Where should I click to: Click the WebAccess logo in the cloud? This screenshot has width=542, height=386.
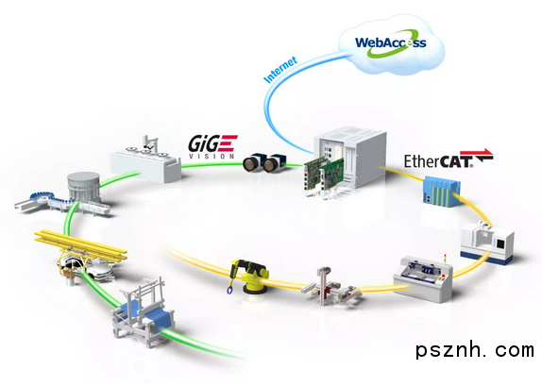(391, 43)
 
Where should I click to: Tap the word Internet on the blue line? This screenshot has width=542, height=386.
(280, 70)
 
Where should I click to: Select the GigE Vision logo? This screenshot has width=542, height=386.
(213, 147)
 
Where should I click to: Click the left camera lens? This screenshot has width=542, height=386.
(252, 164)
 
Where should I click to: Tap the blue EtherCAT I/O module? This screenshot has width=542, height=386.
(441, 191)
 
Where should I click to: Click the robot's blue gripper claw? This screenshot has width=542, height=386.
(229, 289)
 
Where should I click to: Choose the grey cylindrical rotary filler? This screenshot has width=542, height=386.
(84, 187)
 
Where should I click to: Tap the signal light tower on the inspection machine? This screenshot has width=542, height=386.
(445, 260)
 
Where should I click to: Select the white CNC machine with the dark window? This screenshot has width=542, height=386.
(486, 242)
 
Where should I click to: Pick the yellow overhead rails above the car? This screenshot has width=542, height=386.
(80, 244)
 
